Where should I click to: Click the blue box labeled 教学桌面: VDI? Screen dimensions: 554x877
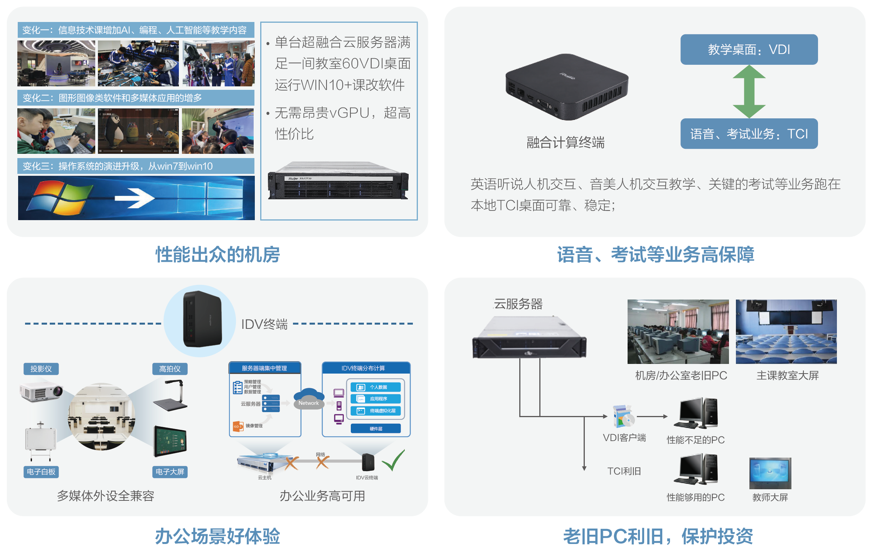point(749,49)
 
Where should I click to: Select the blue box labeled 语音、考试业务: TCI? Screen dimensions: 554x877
point(749,133)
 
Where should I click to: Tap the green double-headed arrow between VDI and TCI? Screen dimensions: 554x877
point(749,91)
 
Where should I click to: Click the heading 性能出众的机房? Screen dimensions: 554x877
point(217,254)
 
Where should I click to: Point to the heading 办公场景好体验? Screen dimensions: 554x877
point(217,536)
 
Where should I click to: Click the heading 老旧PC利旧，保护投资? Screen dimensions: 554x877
point(658,536)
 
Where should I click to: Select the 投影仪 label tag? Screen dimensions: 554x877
point(41,369)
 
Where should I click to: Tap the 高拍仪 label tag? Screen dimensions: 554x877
point(170,369)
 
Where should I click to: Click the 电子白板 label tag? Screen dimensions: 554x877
point(41,472)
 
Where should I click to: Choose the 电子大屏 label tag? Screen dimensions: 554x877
point(170,472)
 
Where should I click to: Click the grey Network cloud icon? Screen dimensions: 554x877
point(308,399)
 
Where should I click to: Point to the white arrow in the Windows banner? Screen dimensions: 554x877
point(135,198)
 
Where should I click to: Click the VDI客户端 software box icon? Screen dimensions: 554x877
point(623,416)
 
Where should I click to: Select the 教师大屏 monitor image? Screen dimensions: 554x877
point(770,473)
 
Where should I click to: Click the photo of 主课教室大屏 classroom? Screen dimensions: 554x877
point(786,332)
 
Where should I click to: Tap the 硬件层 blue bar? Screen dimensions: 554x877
point(375,429)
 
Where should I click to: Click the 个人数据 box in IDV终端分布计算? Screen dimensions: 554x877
point(375,387)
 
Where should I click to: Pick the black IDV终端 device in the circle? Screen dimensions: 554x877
point(202,319)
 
